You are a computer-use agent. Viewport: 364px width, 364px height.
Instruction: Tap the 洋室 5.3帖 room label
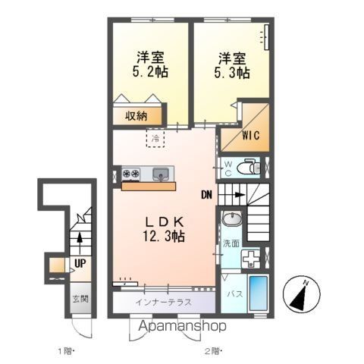231,65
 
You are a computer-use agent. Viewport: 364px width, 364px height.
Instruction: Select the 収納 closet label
137,116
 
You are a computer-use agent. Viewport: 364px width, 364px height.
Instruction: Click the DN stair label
207,194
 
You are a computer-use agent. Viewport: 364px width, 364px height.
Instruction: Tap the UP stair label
79,265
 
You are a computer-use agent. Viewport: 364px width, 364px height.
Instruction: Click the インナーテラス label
162,301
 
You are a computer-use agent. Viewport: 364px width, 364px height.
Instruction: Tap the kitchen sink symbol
162,174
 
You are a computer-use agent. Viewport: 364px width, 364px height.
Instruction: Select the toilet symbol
248,168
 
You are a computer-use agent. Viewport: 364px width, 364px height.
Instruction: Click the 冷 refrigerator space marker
155,139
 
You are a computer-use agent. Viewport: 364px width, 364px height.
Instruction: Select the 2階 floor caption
211,351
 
